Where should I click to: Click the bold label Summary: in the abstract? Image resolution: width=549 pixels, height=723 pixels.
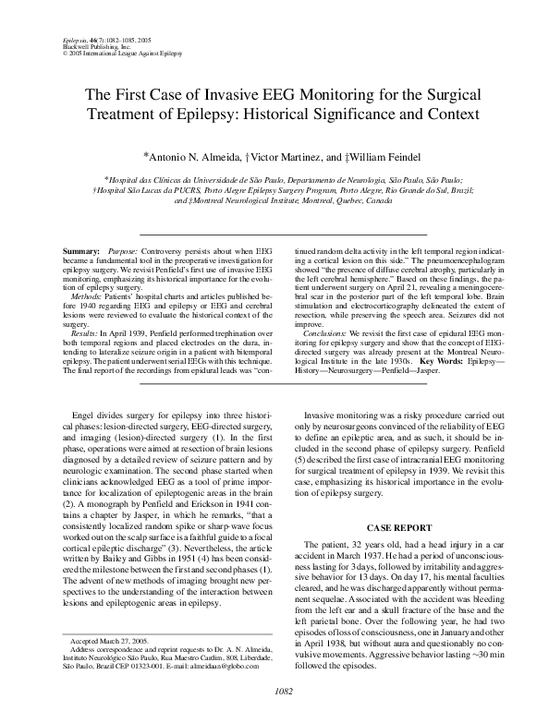[x=82, y=250]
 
